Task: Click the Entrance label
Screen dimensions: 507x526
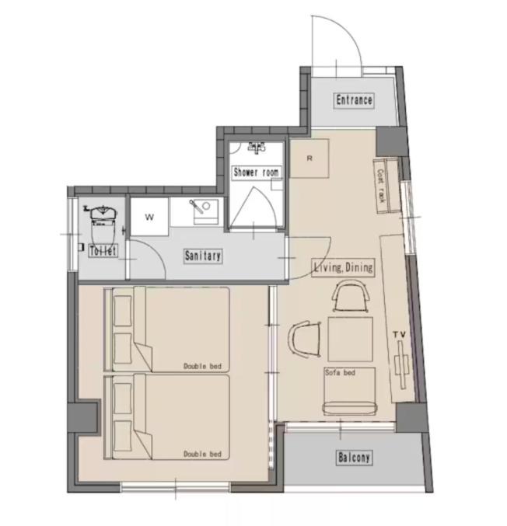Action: pyautogui.click(x=354, y=100)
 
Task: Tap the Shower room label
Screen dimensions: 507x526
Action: pyautogui.click(x=256, y=172)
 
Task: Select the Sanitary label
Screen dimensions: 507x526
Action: pyautogui.click(x=203, y=256)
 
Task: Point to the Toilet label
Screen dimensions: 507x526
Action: pyautogui.click(x=103, y=251)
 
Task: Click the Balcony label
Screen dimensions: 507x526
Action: pyautogui.click(x=355, y=458)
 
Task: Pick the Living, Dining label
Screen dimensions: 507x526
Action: pyautogui.click(x=344, y=267)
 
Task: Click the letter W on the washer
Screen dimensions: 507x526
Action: pyautogui.click(x=149, y=217)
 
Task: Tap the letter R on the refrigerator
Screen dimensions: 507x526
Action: pyautogui.click(x=309, y=158)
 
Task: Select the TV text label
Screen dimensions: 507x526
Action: pyautogui.click(x=399, y=334)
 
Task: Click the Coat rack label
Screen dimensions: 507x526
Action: pyautogui.click(x=381, y=186)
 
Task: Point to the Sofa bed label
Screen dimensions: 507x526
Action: pyautogui.click(x=340, y=372)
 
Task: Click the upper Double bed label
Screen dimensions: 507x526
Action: pyautogui.click(x=202, y=366)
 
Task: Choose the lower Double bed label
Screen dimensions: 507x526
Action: pyautogui.click(x=202, y=454)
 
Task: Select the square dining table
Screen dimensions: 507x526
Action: pyautogui.click(x=351, y=340)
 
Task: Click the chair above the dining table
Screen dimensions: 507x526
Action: pyautogui.click(x=351, y=297)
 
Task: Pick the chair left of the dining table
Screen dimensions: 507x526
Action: pyautogui.click(x=305, y=339)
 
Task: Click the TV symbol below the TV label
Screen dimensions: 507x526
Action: pyautogui.click(x=401, y=364)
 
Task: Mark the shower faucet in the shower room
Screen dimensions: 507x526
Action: pyautogui.click(x=257, y=148)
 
